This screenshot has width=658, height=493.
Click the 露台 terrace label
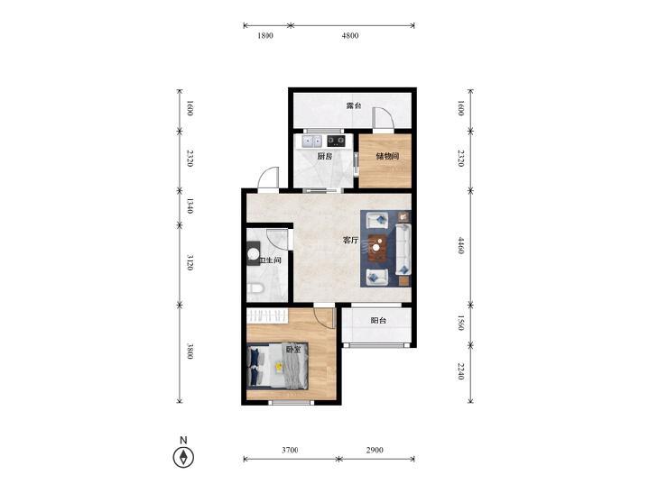353,105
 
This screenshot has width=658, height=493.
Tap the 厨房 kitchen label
324,156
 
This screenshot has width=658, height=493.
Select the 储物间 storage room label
387,156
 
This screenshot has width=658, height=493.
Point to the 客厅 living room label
351,241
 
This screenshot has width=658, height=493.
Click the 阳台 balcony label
378,321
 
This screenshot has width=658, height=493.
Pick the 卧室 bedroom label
293,349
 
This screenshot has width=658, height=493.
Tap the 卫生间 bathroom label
270,260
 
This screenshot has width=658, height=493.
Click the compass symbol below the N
183,457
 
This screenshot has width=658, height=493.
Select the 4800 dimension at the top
350,36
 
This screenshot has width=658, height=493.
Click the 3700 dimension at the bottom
290,450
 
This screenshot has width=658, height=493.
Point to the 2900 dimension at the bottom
375,450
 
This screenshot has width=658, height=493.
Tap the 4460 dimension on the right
460,245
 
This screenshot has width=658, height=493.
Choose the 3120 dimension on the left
190,262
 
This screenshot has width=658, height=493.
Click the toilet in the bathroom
255,288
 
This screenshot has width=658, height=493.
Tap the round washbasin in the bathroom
254,254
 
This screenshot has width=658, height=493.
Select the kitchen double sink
311,141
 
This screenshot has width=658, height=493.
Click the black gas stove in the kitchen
336,141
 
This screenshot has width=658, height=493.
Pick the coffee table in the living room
377,248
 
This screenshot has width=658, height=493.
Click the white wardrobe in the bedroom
267,315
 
